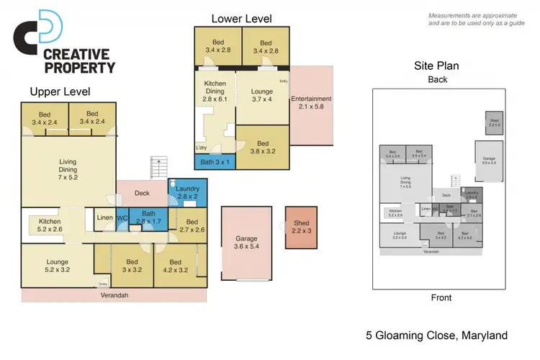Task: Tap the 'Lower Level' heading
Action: click(240, 18)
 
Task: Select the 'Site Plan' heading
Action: click(436, 66)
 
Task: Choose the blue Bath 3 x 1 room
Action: click(215, 161)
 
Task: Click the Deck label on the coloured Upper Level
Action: click(141, 193)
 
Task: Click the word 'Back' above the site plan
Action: click(437, 79)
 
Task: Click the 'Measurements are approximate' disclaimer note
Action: click(475, 19)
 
